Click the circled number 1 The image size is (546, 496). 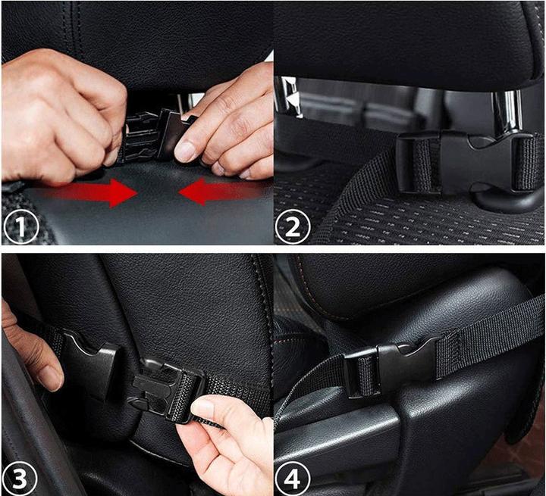click(20, 225)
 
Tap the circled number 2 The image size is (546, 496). click(293, 225)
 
